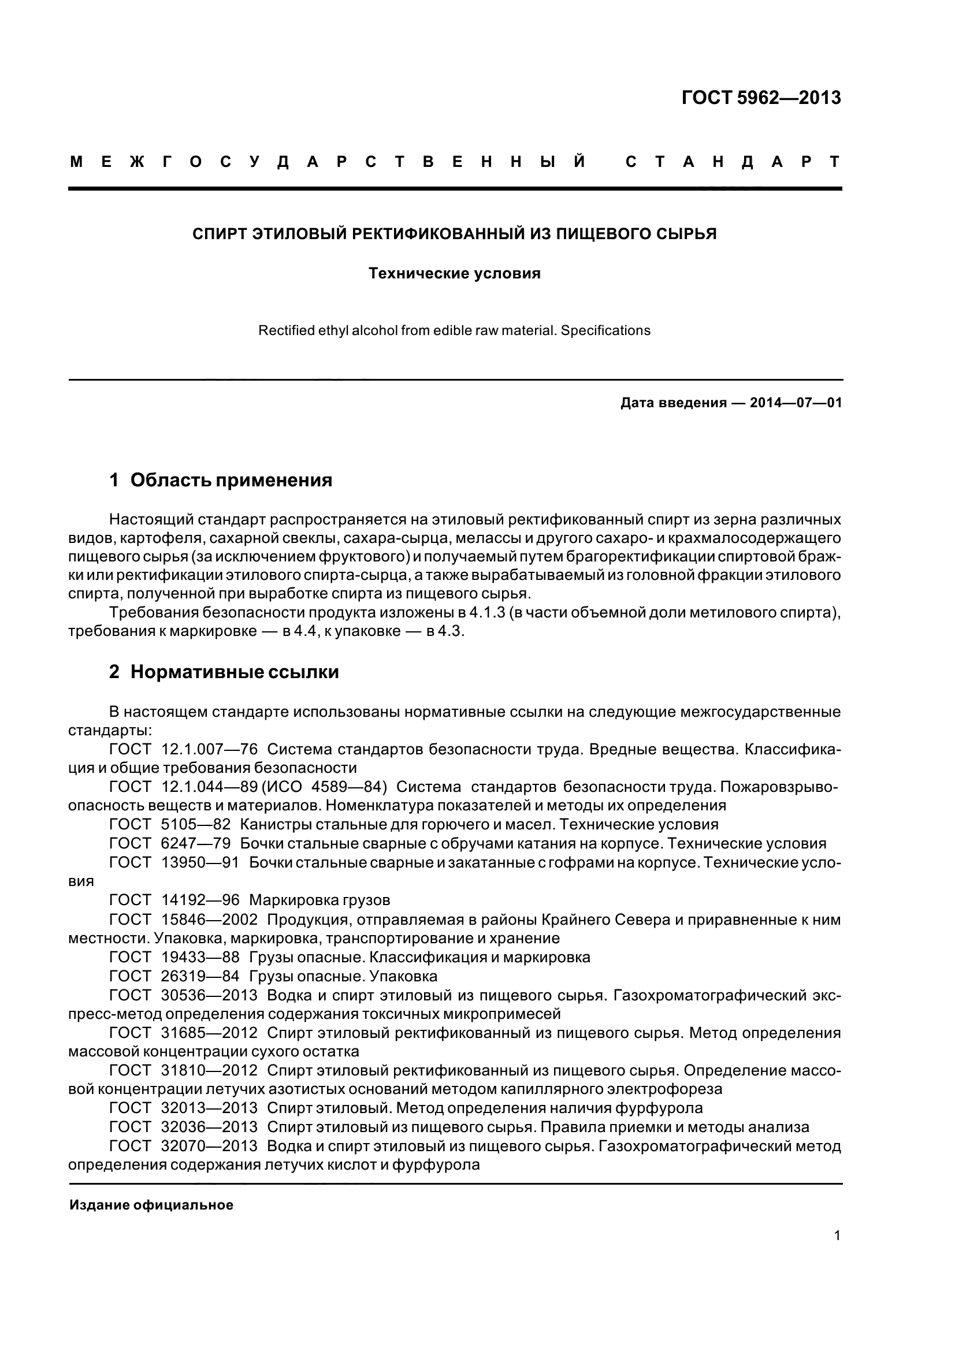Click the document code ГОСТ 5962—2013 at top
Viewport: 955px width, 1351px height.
coord(761,98)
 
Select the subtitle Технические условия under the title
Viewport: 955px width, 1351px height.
coord(454,274)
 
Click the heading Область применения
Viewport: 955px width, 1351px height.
coord(231,481)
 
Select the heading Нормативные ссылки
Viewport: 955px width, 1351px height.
coord(234,672)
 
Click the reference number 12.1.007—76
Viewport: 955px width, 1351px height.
coord(209,749)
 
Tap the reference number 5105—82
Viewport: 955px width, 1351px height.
coord(195,824)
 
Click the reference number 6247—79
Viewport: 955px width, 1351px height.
coord(195,843)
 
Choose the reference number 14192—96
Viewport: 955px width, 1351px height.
coord(200,900)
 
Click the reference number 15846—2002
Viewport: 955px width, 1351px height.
coord(209,919)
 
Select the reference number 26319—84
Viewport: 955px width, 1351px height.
coord(200,976)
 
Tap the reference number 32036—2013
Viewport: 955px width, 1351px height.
coord(209,1127)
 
